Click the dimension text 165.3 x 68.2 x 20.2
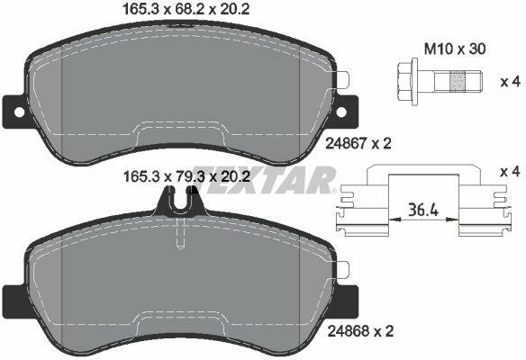pos(186,9)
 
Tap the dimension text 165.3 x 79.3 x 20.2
pos(186,176)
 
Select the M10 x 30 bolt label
pos(455,49)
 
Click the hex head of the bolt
pos(405,82)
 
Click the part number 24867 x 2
pos(358,143)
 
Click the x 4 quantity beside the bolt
pos(510,82)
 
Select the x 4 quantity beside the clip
pos(510,172)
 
